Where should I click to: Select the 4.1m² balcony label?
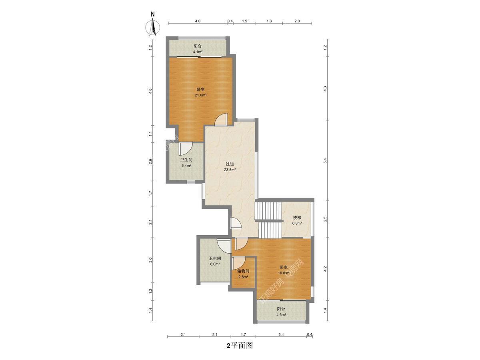coord(198,49)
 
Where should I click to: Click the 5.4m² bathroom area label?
coord(186,163)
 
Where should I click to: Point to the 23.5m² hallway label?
coord(230,167)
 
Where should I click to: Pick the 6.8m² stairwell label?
coord(297,220)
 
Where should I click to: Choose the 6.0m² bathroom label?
coord(215,261)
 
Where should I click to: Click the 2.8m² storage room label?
coord(243,274)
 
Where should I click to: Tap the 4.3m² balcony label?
coord(281,312)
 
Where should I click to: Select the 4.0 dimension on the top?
coord(198,21)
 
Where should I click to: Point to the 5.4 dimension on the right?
coord(325,161)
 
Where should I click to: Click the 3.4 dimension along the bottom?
coord(281,334)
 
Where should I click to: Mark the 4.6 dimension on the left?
coord(151,91)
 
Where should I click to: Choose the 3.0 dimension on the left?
coord(150,260)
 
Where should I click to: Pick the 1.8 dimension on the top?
coord(269,21)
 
